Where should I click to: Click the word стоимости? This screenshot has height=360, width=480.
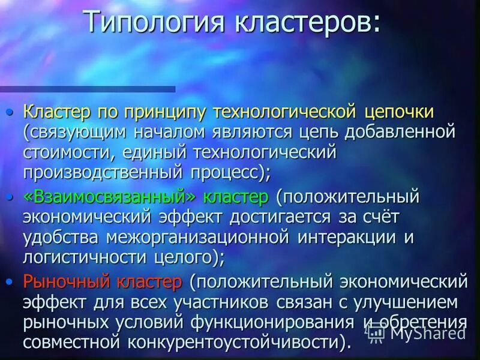tap(67, 152)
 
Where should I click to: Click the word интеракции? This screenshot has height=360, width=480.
tap(348, 236)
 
